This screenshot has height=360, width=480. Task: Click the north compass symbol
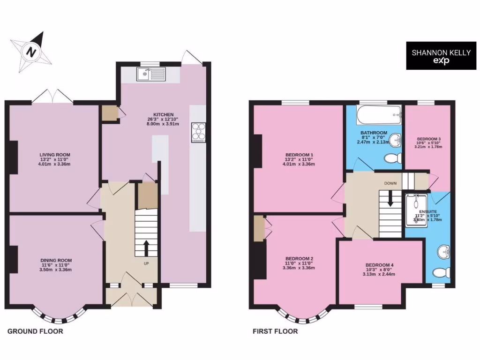pos(31,51)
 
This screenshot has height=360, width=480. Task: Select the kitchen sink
pos(151,74)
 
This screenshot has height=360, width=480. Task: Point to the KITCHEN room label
pos(163,115)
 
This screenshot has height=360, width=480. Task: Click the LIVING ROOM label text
pos(54,154)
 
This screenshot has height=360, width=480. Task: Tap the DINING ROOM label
pos(56,260)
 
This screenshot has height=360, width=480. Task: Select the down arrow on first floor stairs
pos(390,201)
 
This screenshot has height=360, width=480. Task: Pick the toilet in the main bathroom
pos(390,158)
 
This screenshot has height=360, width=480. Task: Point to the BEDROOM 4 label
pos(379,265)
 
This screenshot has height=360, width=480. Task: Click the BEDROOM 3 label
pos(428,139)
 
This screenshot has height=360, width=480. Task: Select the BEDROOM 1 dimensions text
pos(299,162)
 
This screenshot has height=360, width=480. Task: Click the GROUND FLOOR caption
pos(35,331)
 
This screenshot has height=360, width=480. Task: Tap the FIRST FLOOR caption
pos(275,331)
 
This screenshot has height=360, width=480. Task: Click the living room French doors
pos(53,96)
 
